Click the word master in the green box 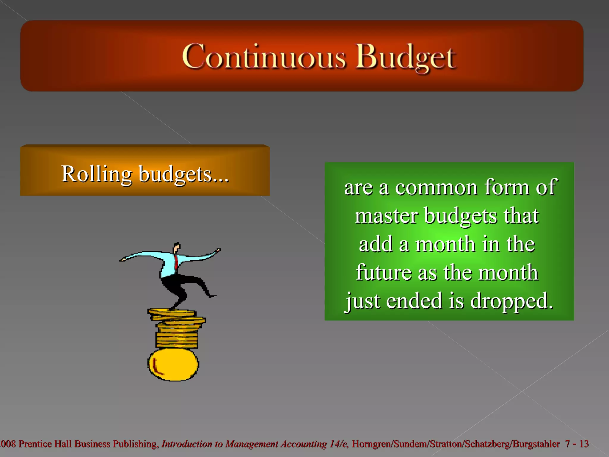(x=386, y=215)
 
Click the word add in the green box (x=376, y=244)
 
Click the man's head (x=177, y=248)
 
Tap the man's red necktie (x=176, y=262)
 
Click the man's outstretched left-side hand (x=122, y=259)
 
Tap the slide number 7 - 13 (x=577, y=444)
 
